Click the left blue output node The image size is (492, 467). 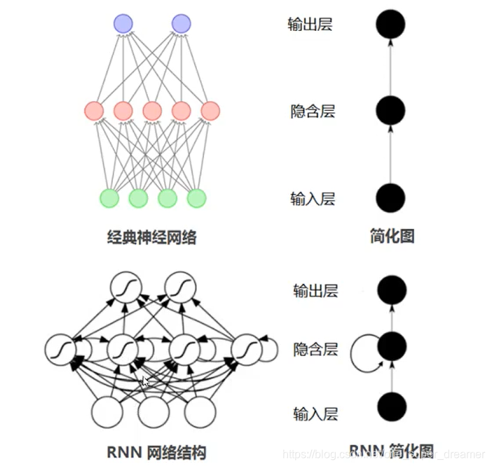123,23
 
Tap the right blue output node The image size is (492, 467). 181,23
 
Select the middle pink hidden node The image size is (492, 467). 151,110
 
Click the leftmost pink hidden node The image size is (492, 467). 94,110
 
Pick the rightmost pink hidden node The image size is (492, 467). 210,110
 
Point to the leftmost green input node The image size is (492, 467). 109,198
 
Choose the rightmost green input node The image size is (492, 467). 196,198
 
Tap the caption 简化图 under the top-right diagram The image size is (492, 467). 391,236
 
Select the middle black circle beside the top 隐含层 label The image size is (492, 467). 390,110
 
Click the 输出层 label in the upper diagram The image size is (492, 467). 310,25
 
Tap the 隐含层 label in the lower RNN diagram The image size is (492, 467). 315,348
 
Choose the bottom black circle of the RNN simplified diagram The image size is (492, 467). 392,407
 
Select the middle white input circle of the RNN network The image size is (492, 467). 153,412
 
